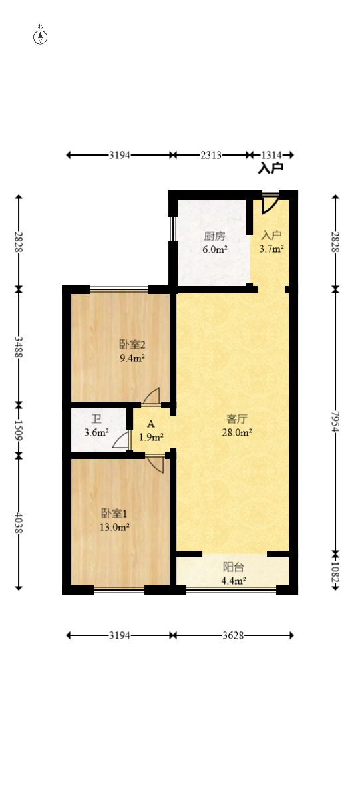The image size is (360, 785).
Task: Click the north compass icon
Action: coord(41,37)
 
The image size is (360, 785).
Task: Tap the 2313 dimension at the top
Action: coord(211,155)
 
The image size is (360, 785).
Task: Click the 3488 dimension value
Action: coord(19,346)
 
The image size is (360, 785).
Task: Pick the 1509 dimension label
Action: coord(19,429)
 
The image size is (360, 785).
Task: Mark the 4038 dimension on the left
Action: coord(19,522)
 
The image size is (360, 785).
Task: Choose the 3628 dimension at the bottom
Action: coord(232,635)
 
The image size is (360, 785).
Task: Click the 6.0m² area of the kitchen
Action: coord(215,250)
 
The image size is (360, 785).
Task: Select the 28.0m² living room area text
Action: coord(238,432)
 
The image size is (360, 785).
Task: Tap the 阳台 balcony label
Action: coord(232,567)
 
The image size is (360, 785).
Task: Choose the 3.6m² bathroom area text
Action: coord(96,433)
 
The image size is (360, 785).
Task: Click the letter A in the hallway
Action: coord(151,424)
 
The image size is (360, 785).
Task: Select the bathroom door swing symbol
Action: coord(121,440)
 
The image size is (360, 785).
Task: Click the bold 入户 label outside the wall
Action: coord(271,168)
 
